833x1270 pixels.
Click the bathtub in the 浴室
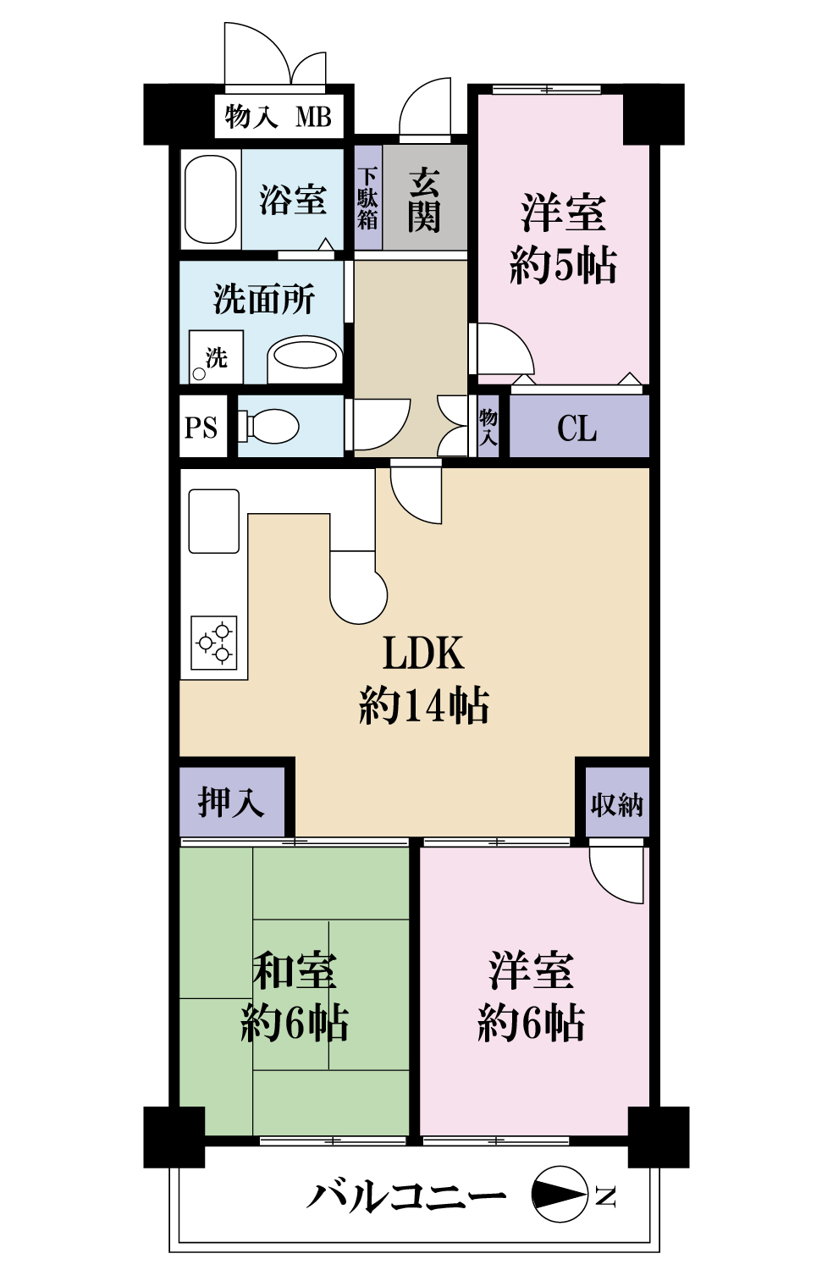point(210,200)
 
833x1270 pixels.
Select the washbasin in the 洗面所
point(305,355)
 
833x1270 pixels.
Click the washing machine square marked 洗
point(216,357)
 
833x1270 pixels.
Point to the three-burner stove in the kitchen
point(214,643)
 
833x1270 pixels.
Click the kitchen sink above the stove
point(213,521)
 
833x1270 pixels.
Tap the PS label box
point(201,428)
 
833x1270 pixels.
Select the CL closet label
point(577,428)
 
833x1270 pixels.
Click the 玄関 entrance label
point(424,200)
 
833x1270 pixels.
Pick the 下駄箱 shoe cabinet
point(367,199)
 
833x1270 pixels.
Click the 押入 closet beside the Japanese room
point(230,802)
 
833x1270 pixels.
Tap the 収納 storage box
point(617,803)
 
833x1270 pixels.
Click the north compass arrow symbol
point(560,1195)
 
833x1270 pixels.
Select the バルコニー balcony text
point(406,1196)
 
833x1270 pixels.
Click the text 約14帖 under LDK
point(423,704)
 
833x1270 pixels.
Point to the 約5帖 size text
point(563,265)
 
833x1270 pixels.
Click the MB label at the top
point(313,117)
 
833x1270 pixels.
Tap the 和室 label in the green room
point(295,970)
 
